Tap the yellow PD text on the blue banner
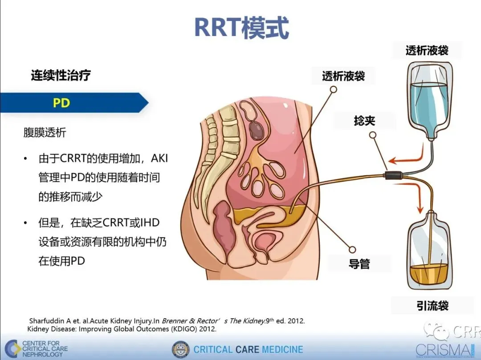coord(61,103)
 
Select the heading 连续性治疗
coord(61,75)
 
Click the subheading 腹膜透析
coord(45,132)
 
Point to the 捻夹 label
coord(364,120)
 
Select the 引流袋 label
coord(429,306)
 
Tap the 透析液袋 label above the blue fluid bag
coord(427,50)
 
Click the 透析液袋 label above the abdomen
coord(343,76)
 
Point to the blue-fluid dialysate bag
coord(430,102)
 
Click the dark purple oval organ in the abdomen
coord(257,129)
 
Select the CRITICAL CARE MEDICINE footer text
coord(248,349)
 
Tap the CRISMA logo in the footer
coord(443,350)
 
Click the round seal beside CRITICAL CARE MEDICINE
coord(180,349)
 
